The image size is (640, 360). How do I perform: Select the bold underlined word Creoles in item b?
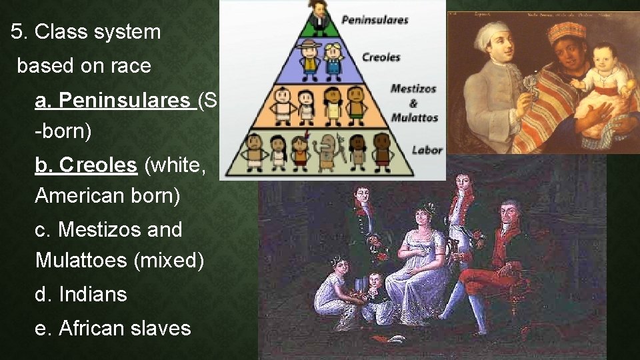(98, 165)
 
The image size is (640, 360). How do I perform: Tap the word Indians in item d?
(93, 294)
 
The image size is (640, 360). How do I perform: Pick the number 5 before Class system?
(17, 31)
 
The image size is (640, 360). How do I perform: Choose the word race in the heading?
(131, 66)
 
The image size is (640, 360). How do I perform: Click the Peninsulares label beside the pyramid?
(375, 20)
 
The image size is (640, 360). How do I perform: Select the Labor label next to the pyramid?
(427, 149)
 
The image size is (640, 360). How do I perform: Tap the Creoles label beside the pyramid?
(381, 57)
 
